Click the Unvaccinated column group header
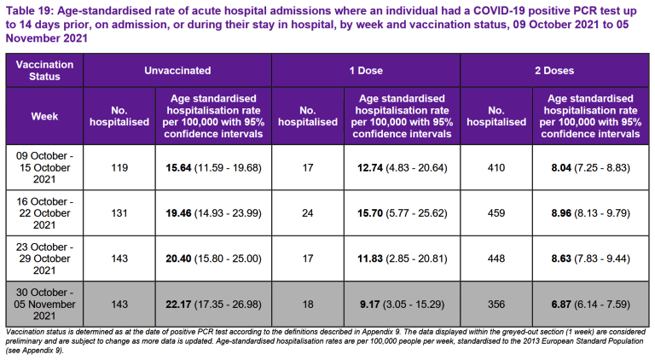(177, 71)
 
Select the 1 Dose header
(366, 71)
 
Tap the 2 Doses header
(554, 71)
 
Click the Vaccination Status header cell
(44, 70)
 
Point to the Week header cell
(44, 117)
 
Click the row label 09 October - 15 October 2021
(44, 167)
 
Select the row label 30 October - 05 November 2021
(44, 304)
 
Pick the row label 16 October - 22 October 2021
(44, 213)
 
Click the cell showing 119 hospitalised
(119, 168)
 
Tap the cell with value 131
(119, 213)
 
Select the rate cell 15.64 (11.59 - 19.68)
(213, 168)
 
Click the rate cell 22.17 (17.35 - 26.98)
(213, 305)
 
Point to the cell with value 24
(308, 213)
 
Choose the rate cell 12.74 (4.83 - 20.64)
(403, 168)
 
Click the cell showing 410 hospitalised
(496, 168)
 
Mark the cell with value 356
(496, 305)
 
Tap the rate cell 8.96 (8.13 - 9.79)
(591, 213)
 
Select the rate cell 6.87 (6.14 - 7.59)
(591, 305)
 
